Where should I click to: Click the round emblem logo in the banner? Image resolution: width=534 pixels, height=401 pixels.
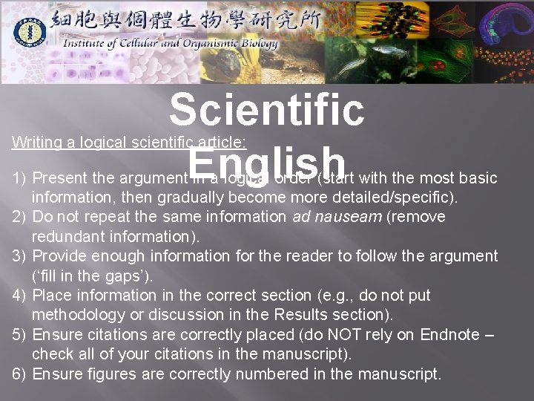[x=31, y=31]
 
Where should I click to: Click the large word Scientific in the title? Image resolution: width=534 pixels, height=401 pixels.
[x=267, y=109]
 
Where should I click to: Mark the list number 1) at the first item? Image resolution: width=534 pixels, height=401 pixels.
[x=20, y=179]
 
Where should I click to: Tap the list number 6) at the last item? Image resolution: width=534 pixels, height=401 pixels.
[x=20, y=374]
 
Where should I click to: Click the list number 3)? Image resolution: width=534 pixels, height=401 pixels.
[x=20, y=256]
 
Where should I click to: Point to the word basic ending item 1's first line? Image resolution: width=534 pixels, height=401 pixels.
[x=479, y=179]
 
